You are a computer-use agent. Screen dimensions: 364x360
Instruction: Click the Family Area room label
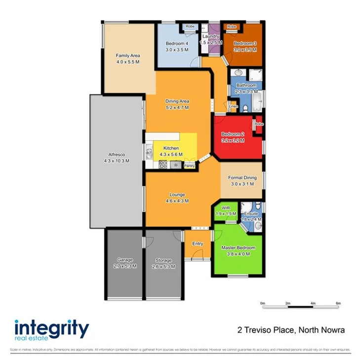coord(128,59)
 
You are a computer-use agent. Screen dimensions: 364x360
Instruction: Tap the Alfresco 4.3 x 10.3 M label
coord(117,157)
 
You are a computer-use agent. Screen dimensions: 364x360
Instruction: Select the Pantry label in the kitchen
coord(189,166)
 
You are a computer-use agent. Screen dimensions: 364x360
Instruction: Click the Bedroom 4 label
coord(176,46)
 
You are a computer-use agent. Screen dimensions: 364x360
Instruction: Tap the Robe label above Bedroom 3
coord(231,26)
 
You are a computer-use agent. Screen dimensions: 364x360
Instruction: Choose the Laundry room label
coord(209,40)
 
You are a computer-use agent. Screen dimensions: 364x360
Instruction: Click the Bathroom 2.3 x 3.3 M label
coord(246,88)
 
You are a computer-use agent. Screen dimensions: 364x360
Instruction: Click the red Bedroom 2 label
coord(233,137)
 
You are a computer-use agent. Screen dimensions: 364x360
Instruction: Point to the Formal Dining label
coord(241,180)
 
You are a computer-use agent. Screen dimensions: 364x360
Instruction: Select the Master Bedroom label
coord(239,250)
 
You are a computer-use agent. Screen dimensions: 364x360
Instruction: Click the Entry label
coord(198,243)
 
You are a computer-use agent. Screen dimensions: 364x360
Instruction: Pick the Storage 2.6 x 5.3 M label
coord(163,263)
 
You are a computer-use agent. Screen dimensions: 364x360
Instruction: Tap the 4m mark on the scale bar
coord(313,303)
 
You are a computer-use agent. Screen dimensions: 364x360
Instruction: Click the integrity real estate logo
coord(51,329)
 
